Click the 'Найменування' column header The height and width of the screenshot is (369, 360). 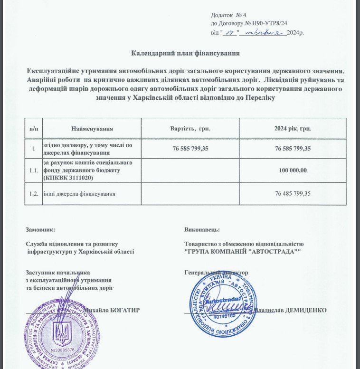92,129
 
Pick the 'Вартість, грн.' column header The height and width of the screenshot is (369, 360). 190,129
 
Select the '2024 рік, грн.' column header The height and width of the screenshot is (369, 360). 293,129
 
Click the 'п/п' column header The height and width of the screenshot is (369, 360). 34,129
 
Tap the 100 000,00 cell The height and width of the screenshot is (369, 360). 293,170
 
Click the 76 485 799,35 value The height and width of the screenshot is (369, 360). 293,193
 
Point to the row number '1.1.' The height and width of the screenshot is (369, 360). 34,170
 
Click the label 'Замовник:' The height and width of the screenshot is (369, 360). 44,229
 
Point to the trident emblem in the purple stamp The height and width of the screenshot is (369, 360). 62,331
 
